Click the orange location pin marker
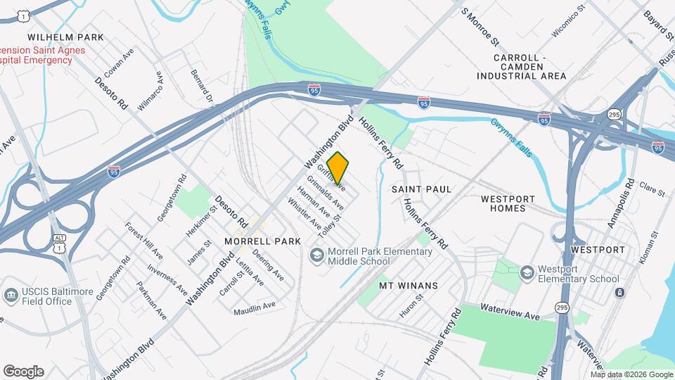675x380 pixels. click(338, 168)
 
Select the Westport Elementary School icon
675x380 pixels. click(527, 272)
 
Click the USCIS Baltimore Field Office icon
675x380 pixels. click(11, 295)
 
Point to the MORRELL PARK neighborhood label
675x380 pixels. click(262, 241)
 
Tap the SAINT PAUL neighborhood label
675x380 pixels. click(421, 189)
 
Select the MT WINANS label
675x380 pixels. click(409, 285)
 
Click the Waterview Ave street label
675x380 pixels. click(510, 312)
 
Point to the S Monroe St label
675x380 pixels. click(484, 23)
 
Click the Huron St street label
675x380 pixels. click(411, 306)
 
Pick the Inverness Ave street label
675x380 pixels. click(167, 279)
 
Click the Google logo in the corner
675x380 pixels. click(23, 371)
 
